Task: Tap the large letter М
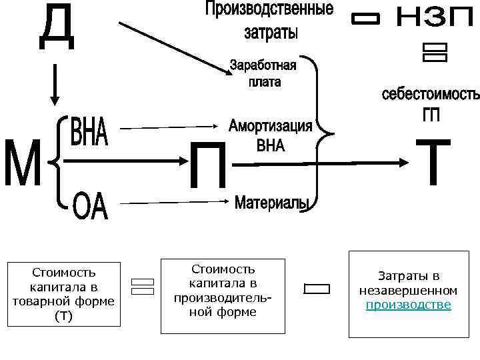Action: point(23,164)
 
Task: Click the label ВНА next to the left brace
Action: point(89,132)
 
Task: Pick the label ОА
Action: point(89,207)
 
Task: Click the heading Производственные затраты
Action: point(269,20)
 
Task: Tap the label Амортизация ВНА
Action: point(271,135)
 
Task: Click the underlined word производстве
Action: point(408,305)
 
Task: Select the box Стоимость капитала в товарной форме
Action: point(63,293)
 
